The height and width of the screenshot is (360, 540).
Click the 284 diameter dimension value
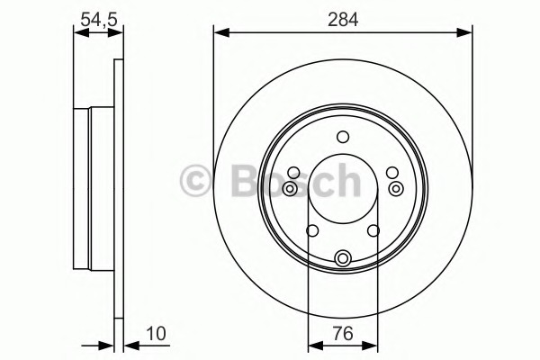click(343, 19)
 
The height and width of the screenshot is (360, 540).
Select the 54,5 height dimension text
click(99, 19)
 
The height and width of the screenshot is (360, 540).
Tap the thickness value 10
click(156, 334)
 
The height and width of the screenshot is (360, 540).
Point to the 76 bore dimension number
click(344, 334)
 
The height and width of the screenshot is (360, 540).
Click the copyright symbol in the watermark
click(195, 181)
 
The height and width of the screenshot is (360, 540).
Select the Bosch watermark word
click(296, 180)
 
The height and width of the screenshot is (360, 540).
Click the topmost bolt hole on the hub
click(343, 137)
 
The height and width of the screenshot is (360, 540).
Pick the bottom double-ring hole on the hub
click(343, 257)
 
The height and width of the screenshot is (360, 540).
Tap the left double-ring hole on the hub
click(290, 188)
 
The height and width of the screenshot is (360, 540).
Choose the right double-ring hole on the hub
click(396, 188)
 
